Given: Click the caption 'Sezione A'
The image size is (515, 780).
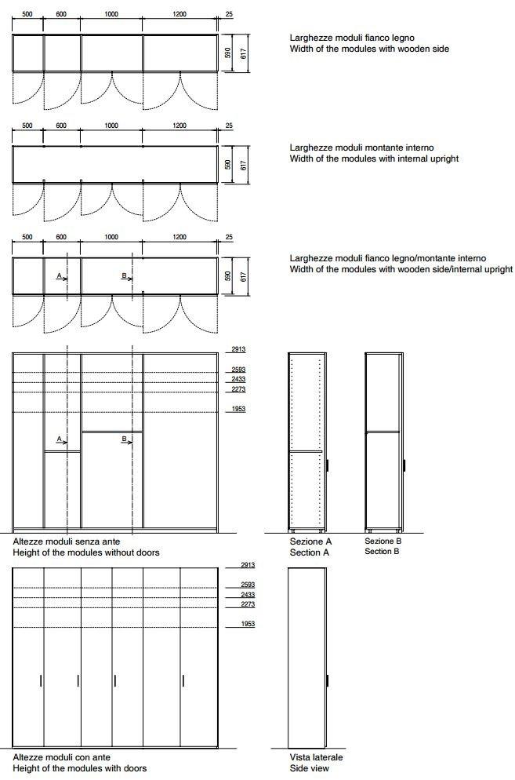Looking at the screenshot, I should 310,541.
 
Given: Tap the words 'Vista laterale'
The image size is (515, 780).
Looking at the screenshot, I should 316,757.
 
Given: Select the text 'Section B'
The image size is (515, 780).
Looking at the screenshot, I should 383,552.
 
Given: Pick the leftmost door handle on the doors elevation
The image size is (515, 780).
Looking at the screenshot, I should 41,680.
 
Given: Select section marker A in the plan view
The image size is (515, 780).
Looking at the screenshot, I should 61,276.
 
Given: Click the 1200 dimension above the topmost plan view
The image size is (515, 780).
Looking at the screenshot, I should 180,14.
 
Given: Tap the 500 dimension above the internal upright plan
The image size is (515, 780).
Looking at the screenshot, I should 27,126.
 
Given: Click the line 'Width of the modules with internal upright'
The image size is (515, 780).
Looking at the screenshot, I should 374,159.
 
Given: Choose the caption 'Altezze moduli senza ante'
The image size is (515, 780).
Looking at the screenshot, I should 67,541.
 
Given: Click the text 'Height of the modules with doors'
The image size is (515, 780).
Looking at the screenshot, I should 80,768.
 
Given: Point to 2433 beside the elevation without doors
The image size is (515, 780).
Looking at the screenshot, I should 238,380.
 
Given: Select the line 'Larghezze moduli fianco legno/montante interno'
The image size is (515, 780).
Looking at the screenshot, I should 387,258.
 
